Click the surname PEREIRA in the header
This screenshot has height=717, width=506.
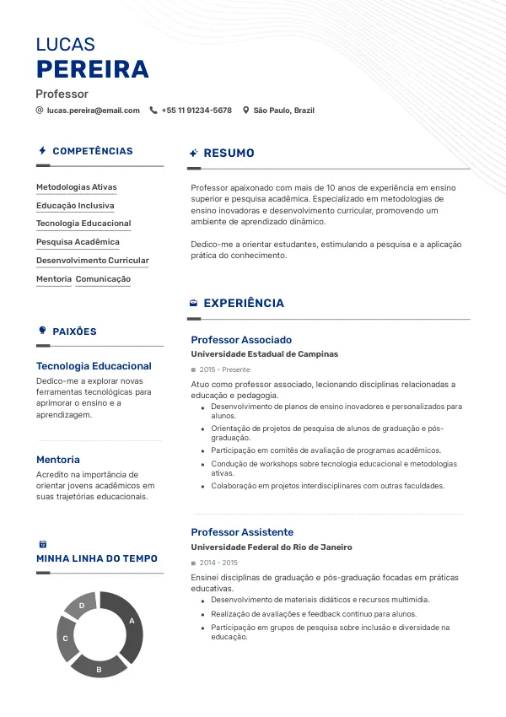pyautogui.click(x=92, y=69)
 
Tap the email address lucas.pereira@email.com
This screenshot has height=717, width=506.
pyautogui.click(x=93, y=111)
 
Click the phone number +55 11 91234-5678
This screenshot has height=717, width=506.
pyautogui.click(x=196, y=111)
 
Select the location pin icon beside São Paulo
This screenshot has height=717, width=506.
pyautogui.click(x=246, y=111)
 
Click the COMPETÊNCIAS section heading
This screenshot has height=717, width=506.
pyautogui.click(x=92, y=151)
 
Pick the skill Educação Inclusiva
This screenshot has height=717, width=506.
pyautogui.click(x=75, y=206)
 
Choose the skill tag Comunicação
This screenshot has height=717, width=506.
pyautogui.click(x=103, y=279)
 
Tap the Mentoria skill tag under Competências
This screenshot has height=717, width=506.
pyautogui.click(x=54, y=279)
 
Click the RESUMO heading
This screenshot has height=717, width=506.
pyautogui.click(x=229, y=154)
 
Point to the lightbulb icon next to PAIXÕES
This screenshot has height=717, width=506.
pyautogui.click(x=42, y=331)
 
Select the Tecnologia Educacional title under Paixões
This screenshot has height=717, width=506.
pyautogui.click(x=94, y=366)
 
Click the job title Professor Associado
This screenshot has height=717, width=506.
pyautogui.click(x=241, y=340)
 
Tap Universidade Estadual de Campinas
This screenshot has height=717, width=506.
pyautogui.click(x=264, y=354)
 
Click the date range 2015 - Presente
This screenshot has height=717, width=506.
pyautogui.click(x=224, y=369)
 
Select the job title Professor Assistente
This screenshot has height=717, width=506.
pyautogui.click(x=242, y=532)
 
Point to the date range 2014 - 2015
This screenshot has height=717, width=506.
pyautogui.click(x=218, y=563)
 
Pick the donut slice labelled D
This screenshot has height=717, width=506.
pyautogui.click(x=82, y=605)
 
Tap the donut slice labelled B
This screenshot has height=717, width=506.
pyautogui.click(x=99, y=668)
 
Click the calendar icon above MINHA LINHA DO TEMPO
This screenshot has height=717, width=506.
pyautogui.click(x=42, y=544)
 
